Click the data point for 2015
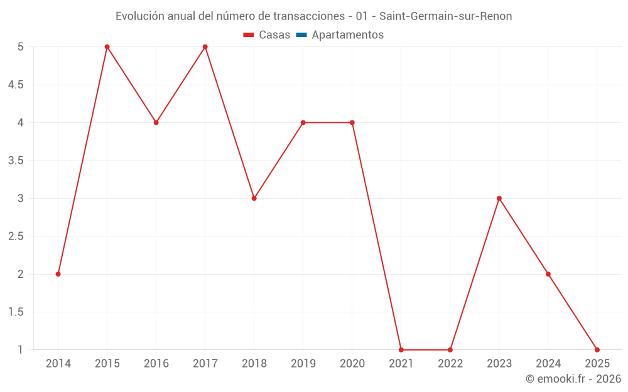107,47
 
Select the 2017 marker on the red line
205,47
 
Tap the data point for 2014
58,274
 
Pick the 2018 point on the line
254,198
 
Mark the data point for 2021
401,350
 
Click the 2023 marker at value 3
499,198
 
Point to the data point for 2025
597,350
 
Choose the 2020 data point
352,122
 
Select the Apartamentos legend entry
347,35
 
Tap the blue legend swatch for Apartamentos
301,35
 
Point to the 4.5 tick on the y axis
16,85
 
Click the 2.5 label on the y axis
16,236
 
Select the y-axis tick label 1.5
16,312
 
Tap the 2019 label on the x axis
303,364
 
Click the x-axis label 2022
450,364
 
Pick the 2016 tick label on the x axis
156,364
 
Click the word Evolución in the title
139,16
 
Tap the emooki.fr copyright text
573,379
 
